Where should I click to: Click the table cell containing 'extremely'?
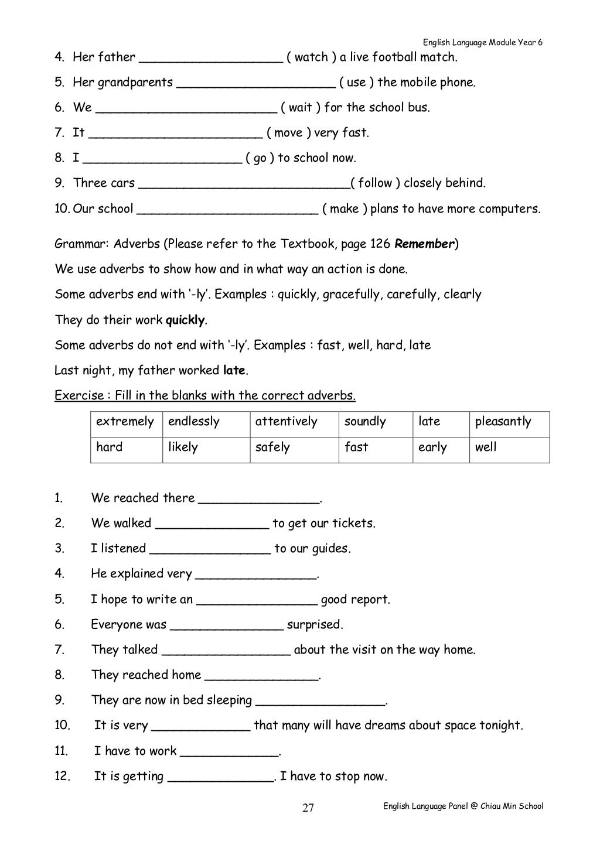click(x=125, y=422)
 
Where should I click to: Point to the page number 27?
click(x=308, y=808)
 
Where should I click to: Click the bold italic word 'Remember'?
click(x=425, y=244)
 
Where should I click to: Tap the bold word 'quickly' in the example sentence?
click(x=186, y=320)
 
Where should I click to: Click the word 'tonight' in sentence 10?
click(x=499, y=725)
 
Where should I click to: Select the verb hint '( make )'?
click(x=345, y=208)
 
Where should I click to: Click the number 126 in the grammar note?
click(x=380, y=244)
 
